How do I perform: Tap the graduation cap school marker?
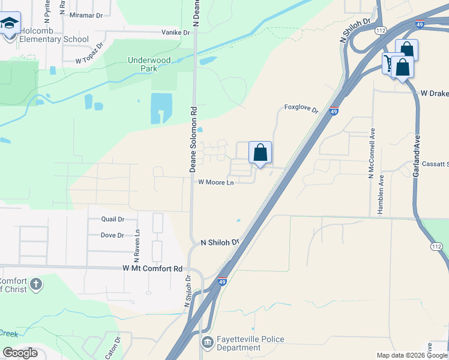10,24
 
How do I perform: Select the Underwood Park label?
149,64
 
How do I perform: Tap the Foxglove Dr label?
301,108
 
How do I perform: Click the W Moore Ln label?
215,182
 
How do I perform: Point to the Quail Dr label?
113,220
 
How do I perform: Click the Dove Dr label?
112,235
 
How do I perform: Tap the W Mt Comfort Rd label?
152,269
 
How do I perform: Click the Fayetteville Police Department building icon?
207,343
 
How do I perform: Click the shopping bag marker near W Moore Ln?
260,154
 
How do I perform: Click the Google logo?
20,353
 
